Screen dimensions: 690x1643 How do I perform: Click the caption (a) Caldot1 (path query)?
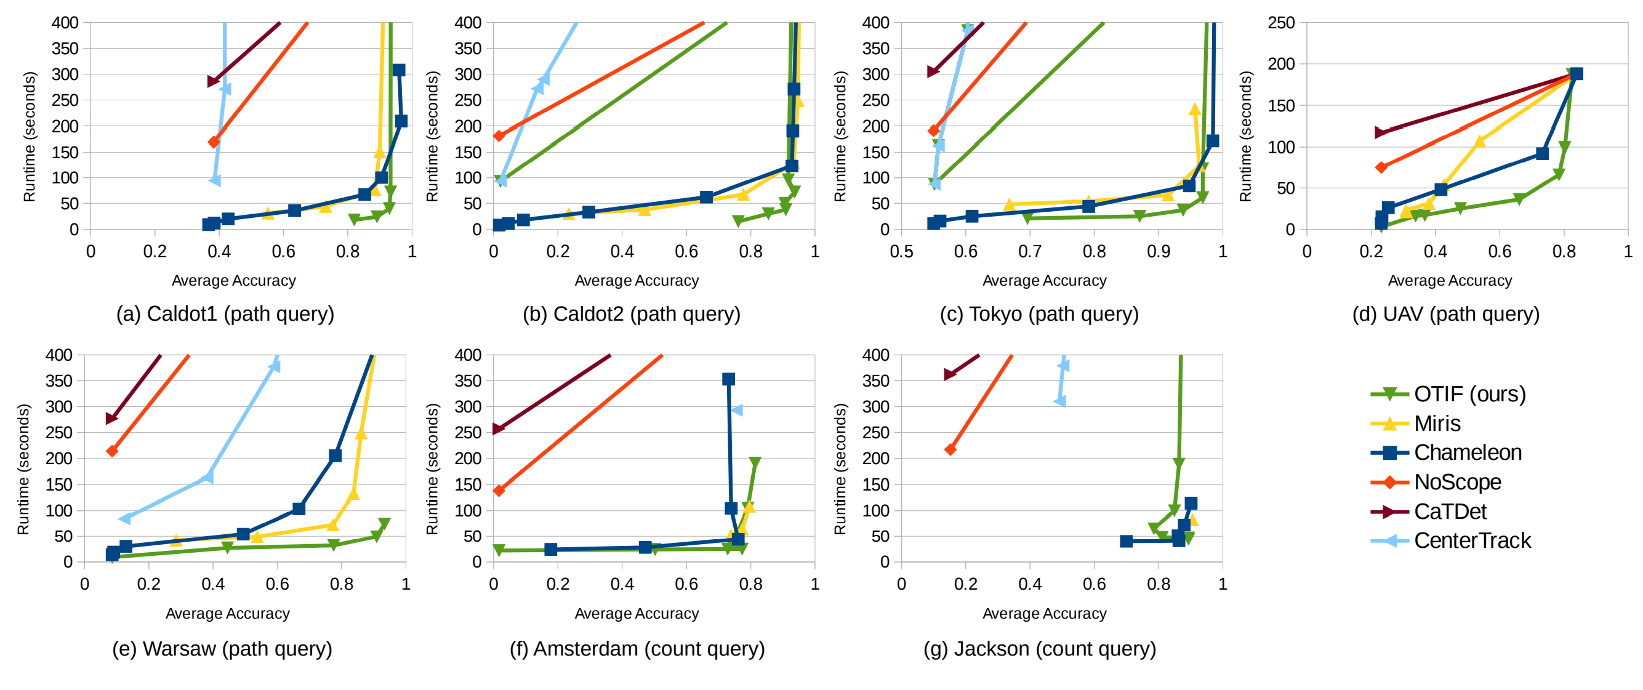[x=225, y=314]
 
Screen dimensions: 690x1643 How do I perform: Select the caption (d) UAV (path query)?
[x=1445, y=314]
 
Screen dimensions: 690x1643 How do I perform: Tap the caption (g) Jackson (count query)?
[x=1039, y=649]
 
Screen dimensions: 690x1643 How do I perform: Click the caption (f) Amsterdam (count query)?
[x=637, y=649]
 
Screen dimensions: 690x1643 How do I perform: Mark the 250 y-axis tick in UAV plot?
[x=1282, y=23]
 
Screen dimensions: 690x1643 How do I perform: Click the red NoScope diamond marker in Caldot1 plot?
[x=214, y=142]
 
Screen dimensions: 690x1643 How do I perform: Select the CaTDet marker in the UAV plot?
[x=1380, y=132]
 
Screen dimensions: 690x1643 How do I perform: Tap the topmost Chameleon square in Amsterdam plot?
[x=728, y=379]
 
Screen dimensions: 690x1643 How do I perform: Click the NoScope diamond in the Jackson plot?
[x=950, y=449]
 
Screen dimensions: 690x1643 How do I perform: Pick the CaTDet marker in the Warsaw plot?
[x=111, y=419]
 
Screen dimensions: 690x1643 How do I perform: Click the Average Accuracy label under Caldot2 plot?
[x=636, y=281]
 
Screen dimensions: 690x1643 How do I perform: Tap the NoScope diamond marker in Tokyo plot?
[x=934, y=130]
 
